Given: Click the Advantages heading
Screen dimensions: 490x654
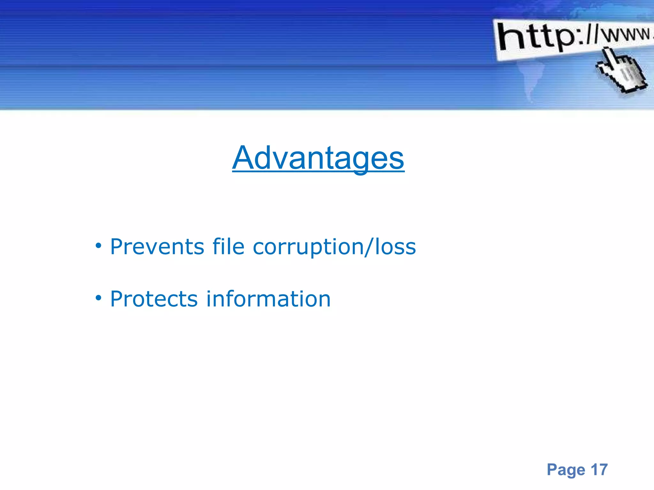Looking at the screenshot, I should point(318,158).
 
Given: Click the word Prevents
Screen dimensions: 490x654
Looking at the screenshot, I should point(157,247).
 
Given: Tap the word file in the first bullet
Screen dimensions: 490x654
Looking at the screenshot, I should point(228,247).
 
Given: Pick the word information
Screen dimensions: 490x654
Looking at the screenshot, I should point(268,299).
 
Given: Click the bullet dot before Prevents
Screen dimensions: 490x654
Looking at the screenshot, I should point(98,246).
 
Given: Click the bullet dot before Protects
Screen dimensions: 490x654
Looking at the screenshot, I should point(98,298).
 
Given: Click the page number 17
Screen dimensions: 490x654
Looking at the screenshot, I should point(599,470).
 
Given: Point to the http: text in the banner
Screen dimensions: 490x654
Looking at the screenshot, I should point(540,38).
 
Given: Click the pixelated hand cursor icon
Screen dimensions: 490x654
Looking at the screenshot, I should point(621,72).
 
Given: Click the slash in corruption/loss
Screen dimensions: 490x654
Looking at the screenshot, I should point(369,247).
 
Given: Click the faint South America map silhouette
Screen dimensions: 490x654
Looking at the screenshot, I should point(532,80).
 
